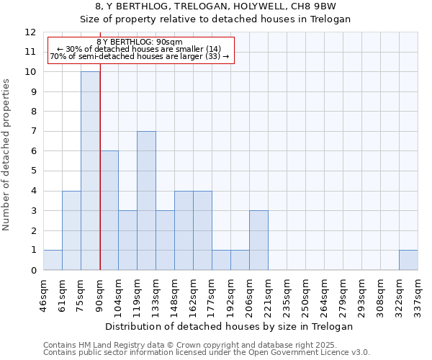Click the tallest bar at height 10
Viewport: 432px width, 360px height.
[90, 171]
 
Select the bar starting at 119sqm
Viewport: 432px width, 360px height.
[146, 200]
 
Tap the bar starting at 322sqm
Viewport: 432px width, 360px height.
[408, 260]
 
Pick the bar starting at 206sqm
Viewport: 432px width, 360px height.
[258, 240]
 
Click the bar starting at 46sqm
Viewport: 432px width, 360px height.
[53, 260]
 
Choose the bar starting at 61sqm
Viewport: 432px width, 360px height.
[71, 230]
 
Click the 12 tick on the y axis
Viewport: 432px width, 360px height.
[30, 32]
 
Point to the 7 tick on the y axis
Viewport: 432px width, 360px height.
[33, 131]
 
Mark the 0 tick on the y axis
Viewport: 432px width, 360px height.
[33, 270]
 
